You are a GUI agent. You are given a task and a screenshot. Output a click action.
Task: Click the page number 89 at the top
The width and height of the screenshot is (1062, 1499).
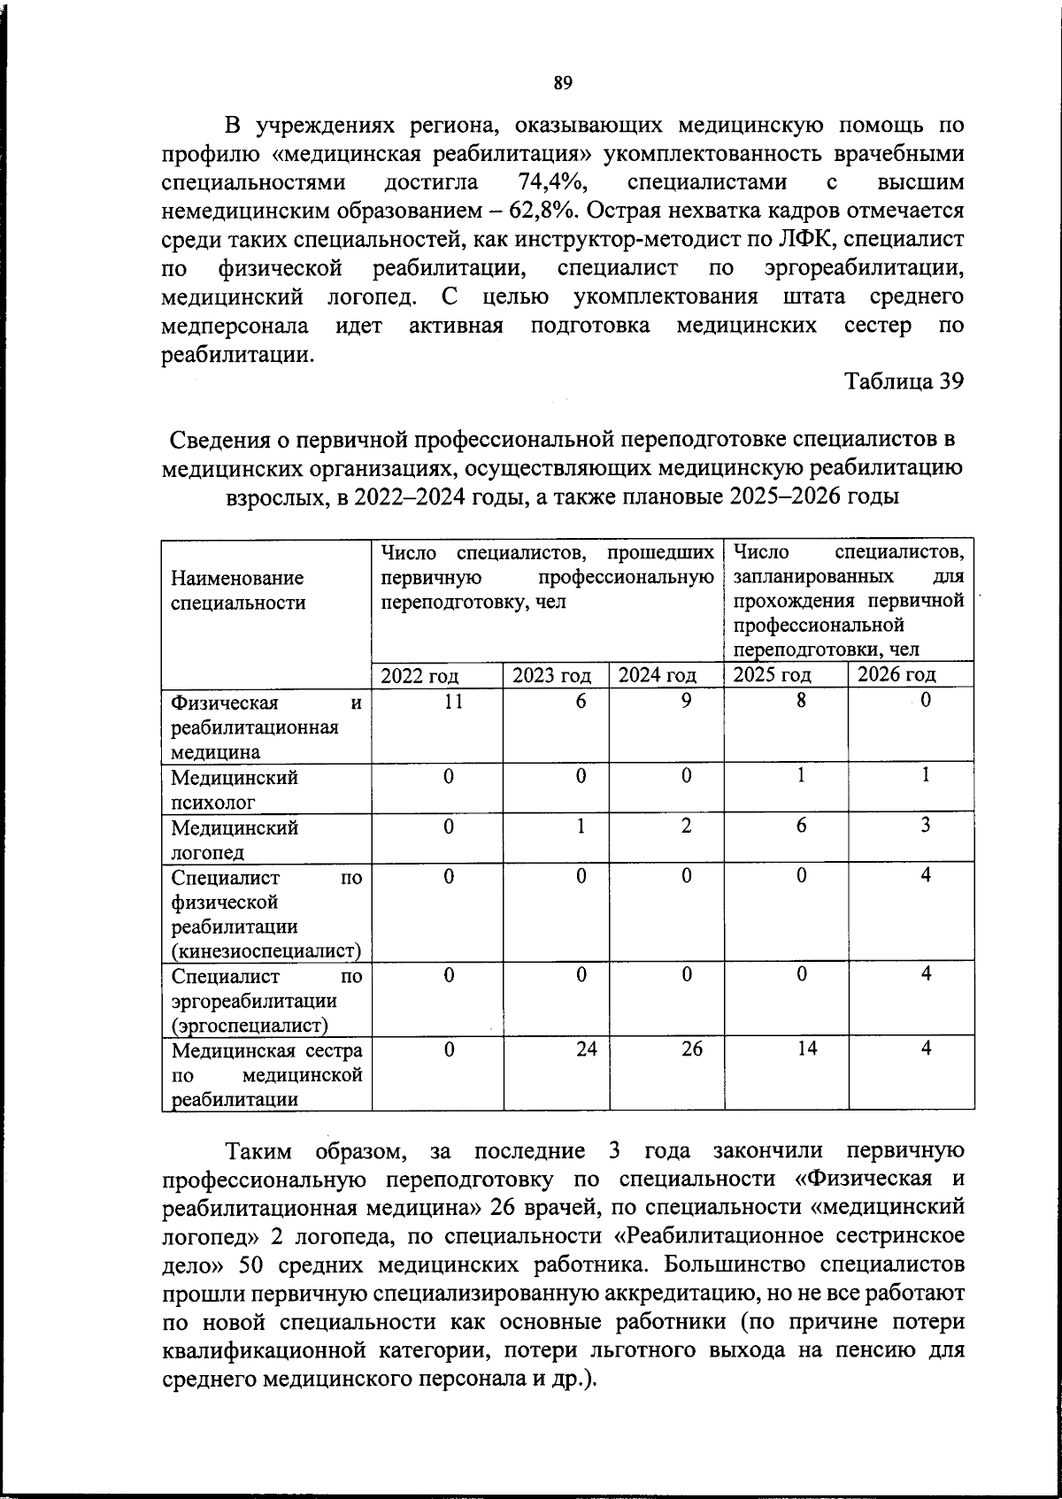pyautogui.click(x=563, y=83)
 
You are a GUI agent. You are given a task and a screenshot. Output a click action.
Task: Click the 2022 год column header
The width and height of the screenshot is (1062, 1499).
pyautogui.click(x=419, y=676)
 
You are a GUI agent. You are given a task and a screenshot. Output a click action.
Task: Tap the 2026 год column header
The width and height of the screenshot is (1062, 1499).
pyautogui.click(x=897, y=674)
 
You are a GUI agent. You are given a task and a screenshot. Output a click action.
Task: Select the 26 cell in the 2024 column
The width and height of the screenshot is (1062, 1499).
pyautogui.click(x=692, y=1049)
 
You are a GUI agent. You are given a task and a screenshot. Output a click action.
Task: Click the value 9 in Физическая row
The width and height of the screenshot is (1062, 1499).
pyautogui.click(x=687, y=701)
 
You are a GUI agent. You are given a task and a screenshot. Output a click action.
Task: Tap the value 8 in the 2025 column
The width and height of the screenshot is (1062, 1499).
pyautogui.click(x=800, y=701)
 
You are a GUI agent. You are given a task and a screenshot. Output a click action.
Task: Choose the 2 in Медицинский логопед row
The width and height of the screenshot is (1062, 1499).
pyautogui.click(x=687, y=826)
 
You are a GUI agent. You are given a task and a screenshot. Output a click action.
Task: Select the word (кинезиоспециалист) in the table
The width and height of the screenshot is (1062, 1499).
pyautogui.click(x=267, y=951)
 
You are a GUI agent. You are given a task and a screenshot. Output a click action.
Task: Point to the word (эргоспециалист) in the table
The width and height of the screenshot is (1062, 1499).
pyautogui.click(x=250, y=1026)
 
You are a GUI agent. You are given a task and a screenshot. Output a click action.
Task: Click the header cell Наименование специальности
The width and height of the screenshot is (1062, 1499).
pyautogui.click(x=237, y=590)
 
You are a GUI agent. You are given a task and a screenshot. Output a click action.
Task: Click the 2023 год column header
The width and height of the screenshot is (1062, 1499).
pyautogui.click(x=552, y=676)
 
